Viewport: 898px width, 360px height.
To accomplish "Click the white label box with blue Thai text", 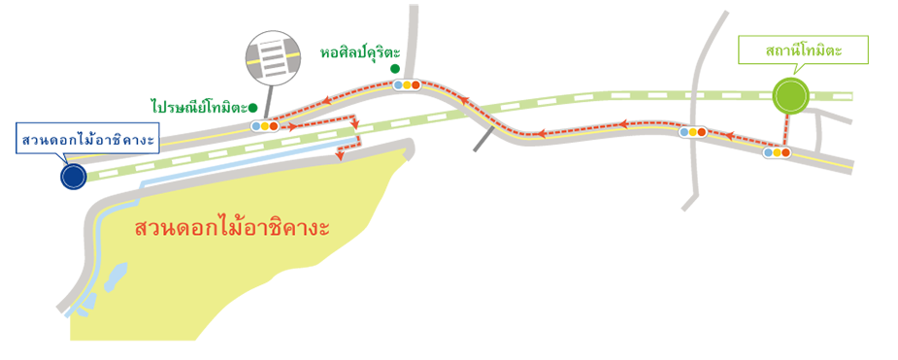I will coord(87,141).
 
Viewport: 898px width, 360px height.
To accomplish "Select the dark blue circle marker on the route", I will coord(72,177).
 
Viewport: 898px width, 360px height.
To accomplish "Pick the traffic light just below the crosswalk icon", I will coord(264,126).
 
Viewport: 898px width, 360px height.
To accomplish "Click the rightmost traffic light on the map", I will coord(777,152).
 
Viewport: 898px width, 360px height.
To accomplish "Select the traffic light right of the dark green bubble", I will coord(407,85).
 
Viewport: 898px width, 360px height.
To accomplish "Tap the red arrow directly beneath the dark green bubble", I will coord(327,88).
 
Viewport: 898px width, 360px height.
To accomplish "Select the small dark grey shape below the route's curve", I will coord(476,144).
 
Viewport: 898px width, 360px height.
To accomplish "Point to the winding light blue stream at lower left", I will coord(101,262).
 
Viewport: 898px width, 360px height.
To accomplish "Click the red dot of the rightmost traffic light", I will coord(785,152).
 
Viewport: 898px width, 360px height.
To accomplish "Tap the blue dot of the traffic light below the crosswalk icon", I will coord(255,126).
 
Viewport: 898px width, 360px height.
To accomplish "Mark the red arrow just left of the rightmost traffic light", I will coord(732,124).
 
